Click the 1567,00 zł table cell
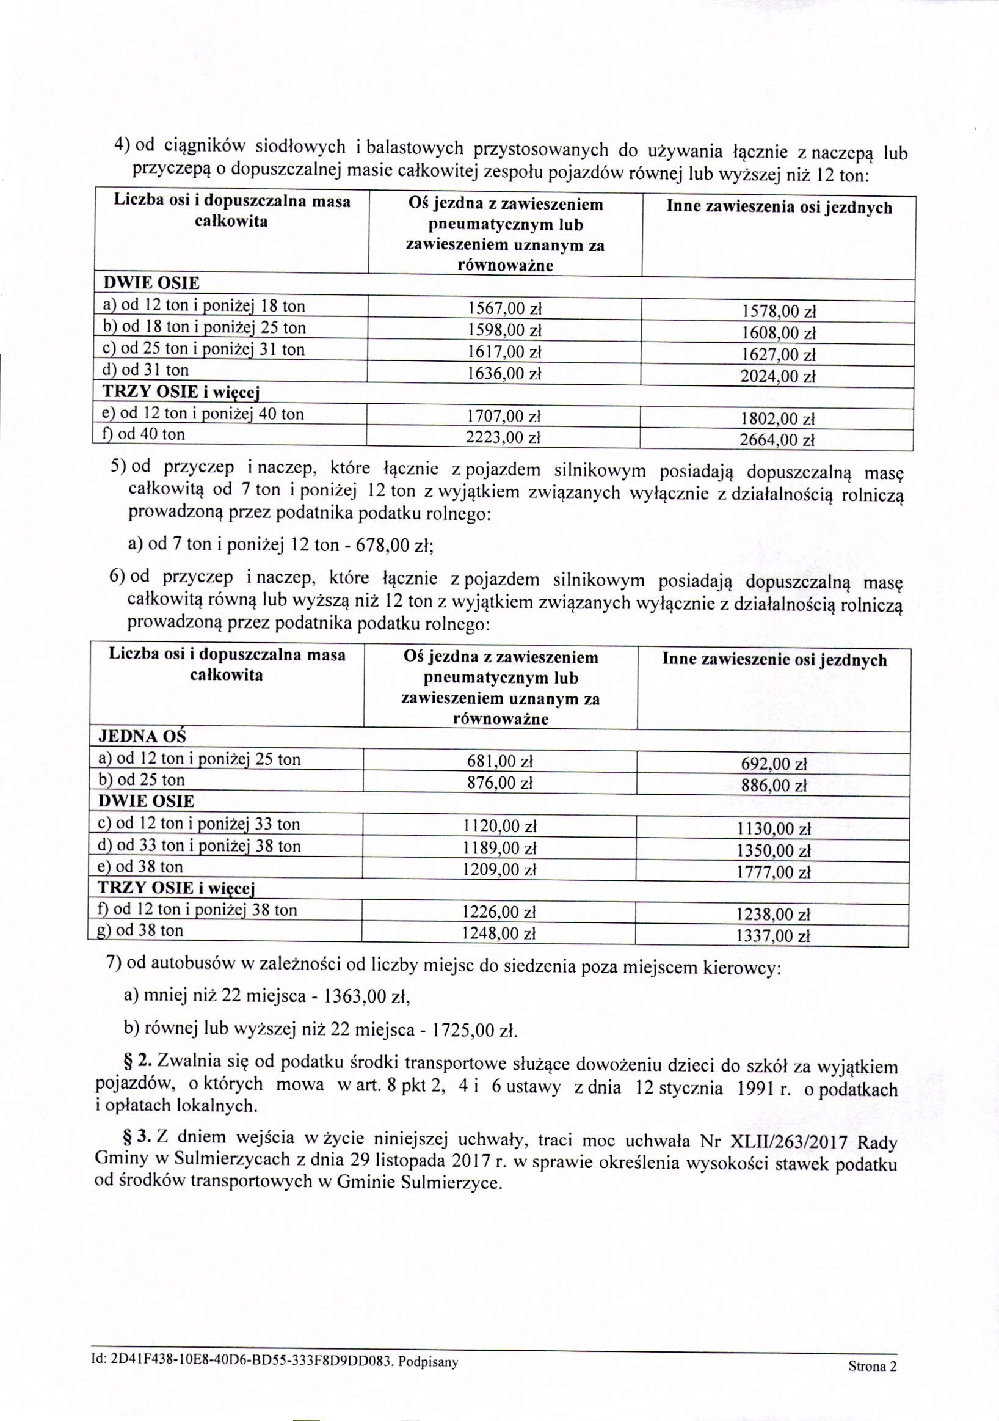tap(504, 309)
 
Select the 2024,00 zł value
tap(778, 376)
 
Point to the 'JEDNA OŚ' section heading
tap(142, 737)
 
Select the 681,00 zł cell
tap(500, 761)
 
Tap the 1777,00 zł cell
tap(773, 872)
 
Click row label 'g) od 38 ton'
tap(141, 930)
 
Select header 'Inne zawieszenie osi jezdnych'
tap(774, 660)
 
